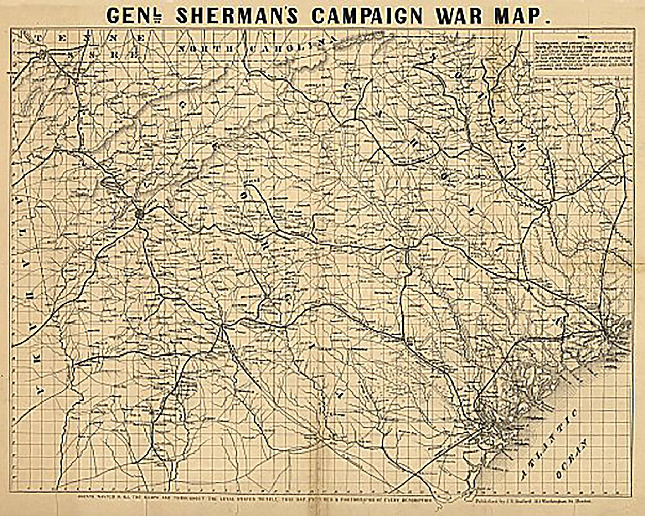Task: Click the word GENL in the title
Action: click(x=135, y=14)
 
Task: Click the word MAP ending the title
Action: click(x=525, y=14)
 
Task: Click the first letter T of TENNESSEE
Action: click(x=41, y=38)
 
